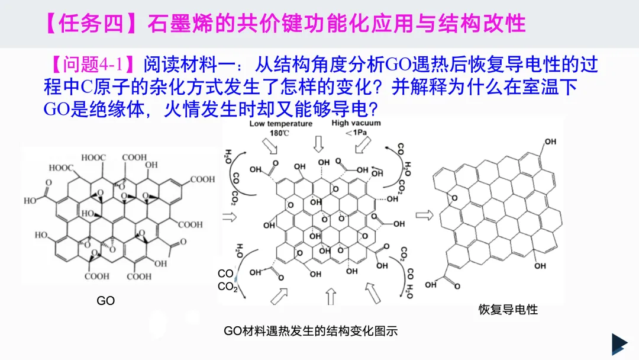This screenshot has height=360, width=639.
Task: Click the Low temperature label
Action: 280,124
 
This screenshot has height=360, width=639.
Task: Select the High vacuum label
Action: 356,123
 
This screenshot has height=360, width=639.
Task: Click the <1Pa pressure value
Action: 356,133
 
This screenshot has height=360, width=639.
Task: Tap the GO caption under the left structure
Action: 105,301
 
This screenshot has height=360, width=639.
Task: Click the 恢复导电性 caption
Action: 508,309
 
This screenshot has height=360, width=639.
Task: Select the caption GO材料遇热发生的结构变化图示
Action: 311,331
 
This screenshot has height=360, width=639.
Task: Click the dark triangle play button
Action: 619,344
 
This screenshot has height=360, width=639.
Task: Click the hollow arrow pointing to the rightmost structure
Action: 424,214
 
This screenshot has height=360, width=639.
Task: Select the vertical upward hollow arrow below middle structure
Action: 331,297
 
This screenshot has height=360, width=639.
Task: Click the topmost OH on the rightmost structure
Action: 550,142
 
